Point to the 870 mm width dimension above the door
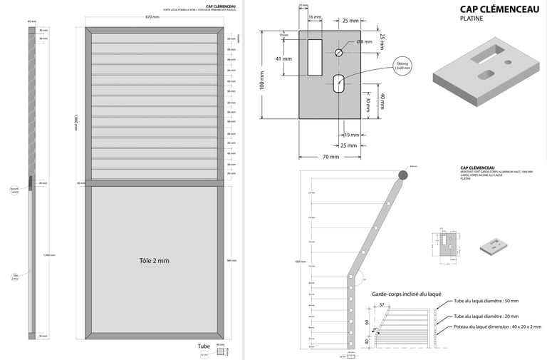point(152,16)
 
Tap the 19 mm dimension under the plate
point(352,135)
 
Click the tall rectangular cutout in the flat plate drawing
point(314,57)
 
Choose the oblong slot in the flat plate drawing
point(339,83)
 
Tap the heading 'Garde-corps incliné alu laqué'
point(407,294)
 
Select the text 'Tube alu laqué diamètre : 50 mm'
point(486,302)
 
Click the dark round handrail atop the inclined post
point(403,174)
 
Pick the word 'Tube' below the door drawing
point(204,346)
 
